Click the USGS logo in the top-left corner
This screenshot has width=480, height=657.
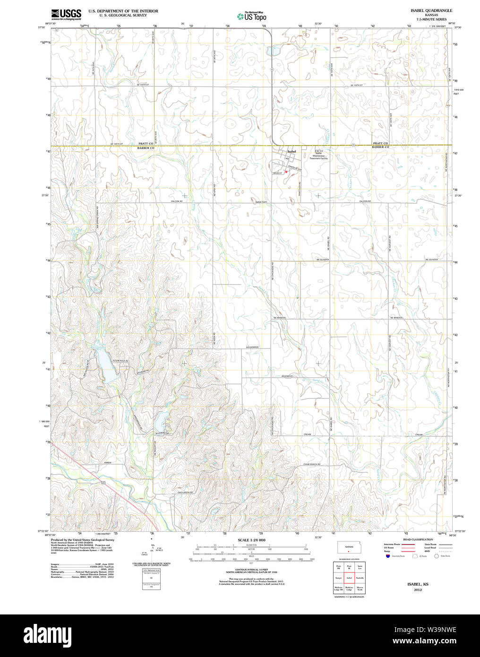[66, 14]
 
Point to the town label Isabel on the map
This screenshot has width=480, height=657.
[291, 151]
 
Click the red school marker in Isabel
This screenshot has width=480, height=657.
[286, 172]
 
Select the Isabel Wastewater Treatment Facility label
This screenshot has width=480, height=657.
[318, 156]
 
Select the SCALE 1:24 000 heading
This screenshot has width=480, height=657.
[251, 540]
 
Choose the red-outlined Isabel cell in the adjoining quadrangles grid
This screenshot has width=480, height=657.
[349, 578]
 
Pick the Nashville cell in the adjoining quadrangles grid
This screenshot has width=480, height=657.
[360, 578]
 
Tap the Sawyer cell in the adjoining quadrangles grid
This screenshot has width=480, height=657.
[338, 578]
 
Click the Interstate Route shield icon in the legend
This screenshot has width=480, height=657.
[387, 556]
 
